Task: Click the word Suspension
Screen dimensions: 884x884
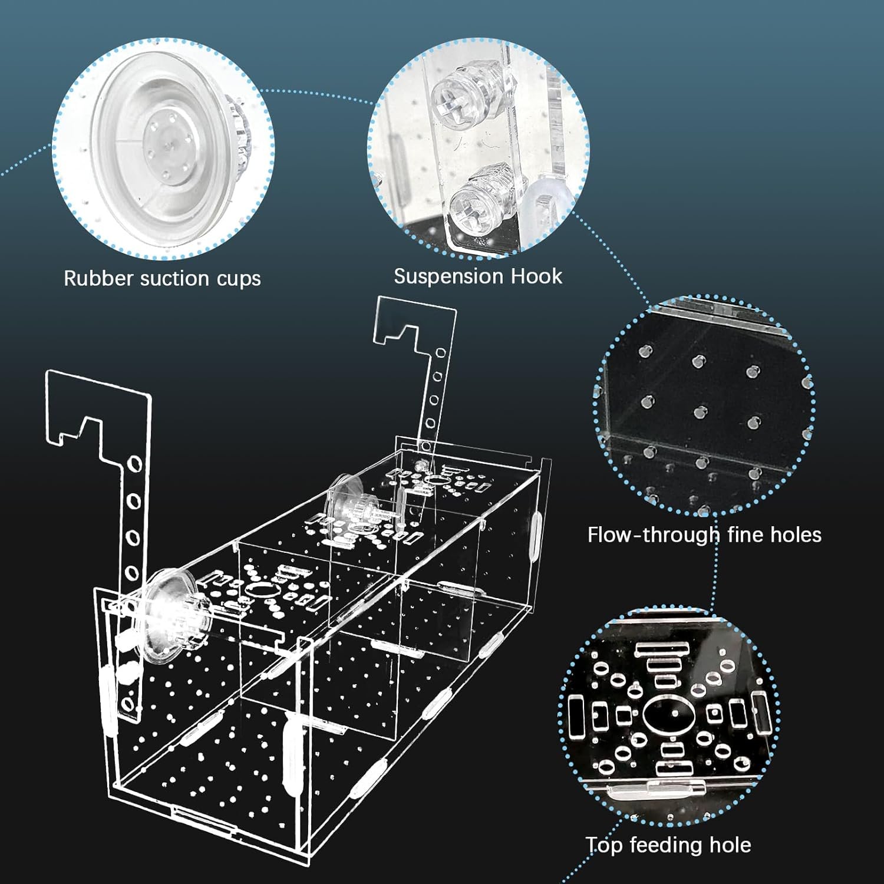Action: (448, 277)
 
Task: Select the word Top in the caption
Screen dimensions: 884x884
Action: (604, 846)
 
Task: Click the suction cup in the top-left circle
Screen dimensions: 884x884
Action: (168, 147)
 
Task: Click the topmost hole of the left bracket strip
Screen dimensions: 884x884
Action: (134, 467)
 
